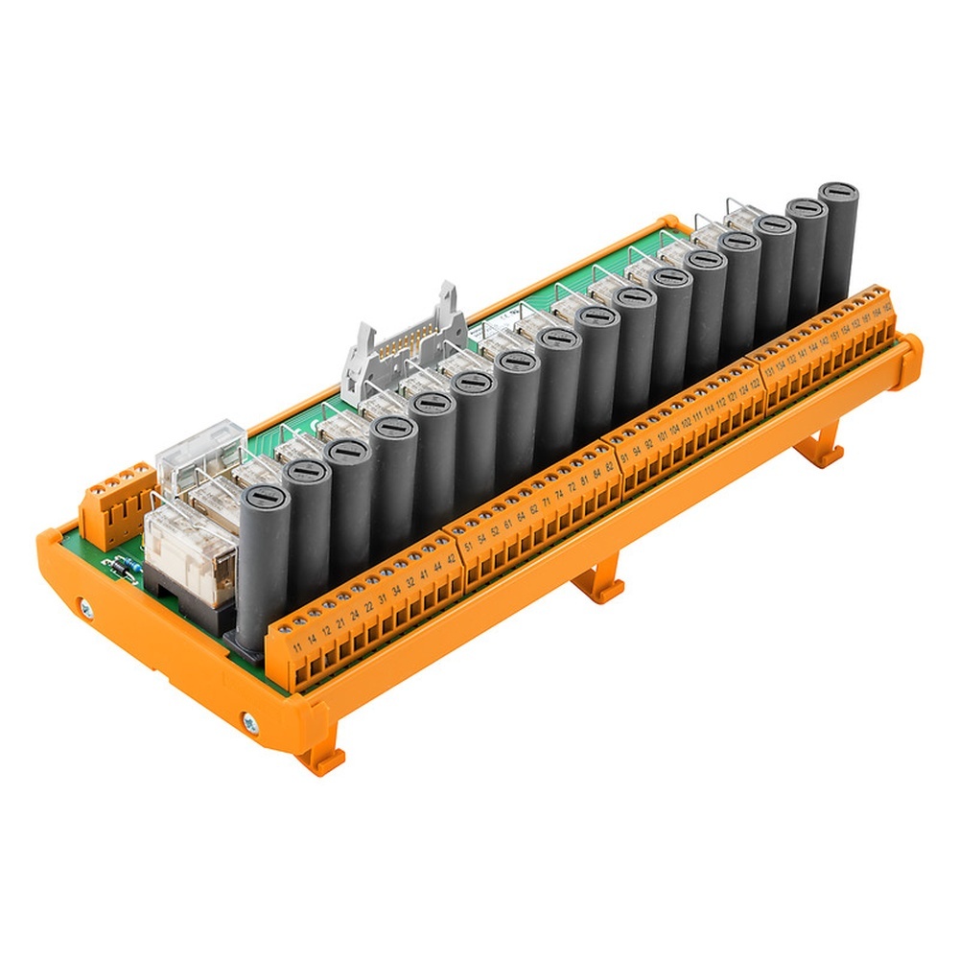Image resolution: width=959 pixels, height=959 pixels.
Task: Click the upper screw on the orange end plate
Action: (x=85, y=607)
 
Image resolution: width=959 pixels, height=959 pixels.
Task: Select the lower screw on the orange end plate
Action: (x=250, y=722)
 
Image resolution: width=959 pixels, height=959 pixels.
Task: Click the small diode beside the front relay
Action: (x=122, y=566)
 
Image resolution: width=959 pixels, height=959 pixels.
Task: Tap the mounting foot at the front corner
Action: (x=321, y=758)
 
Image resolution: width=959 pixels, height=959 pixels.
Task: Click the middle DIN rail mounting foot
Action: (x=599, y=585)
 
